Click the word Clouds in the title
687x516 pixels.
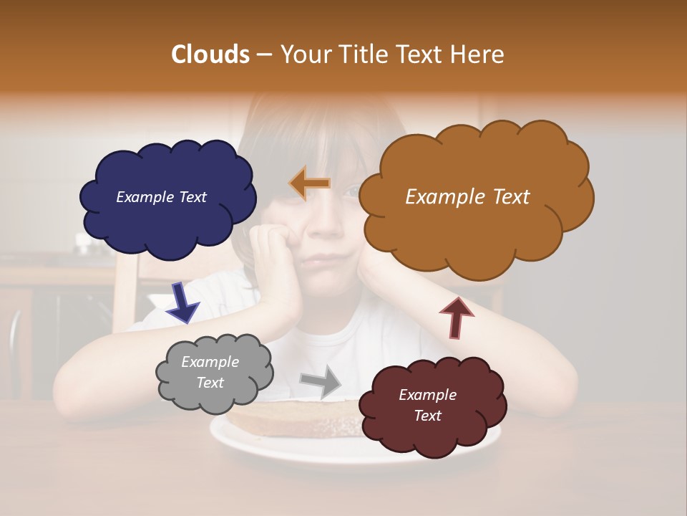pos(210,54)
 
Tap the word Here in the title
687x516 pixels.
pos(480,54)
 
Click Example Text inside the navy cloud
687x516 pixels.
pos(161,197)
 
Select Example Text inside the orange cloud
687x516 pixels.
pos(467,197)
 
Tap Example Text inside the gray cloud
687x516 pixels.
pos(210,373)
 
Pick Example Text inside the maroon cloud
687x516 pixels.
pos(427,405)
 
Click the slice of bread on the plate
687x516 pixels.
pos(301,419)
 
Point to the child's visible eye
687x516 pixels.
pos(351,191)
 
